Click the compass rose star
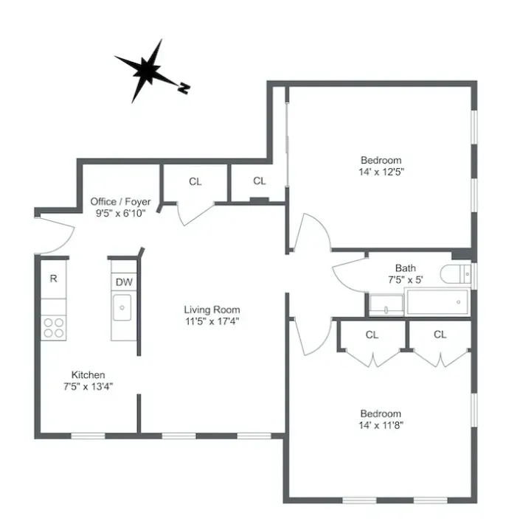pos(147,71)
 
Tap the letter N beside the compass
pos(184,88)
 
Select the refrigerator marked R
pos(53,279)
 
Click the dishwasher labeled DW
pos(123,282)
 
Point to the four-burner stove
pos(53,326)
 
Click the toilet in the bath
pos(458,275)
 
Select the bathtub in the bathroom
pos(437,301)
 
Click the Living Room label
pos(212,310)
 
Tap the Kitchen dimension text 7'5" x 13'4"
pos(88,385)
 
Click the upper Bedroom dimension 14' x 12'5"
pos(381,171)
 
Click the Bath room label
pos(405,268)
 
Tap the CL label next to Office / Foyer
pos(195,181)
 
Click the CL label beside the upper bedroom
pos(259,181)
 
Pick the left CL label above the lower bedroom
pos(372,335)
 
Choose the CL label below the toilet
pos(440,335)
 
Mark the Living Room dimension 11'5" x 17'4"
pos(212,321)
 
